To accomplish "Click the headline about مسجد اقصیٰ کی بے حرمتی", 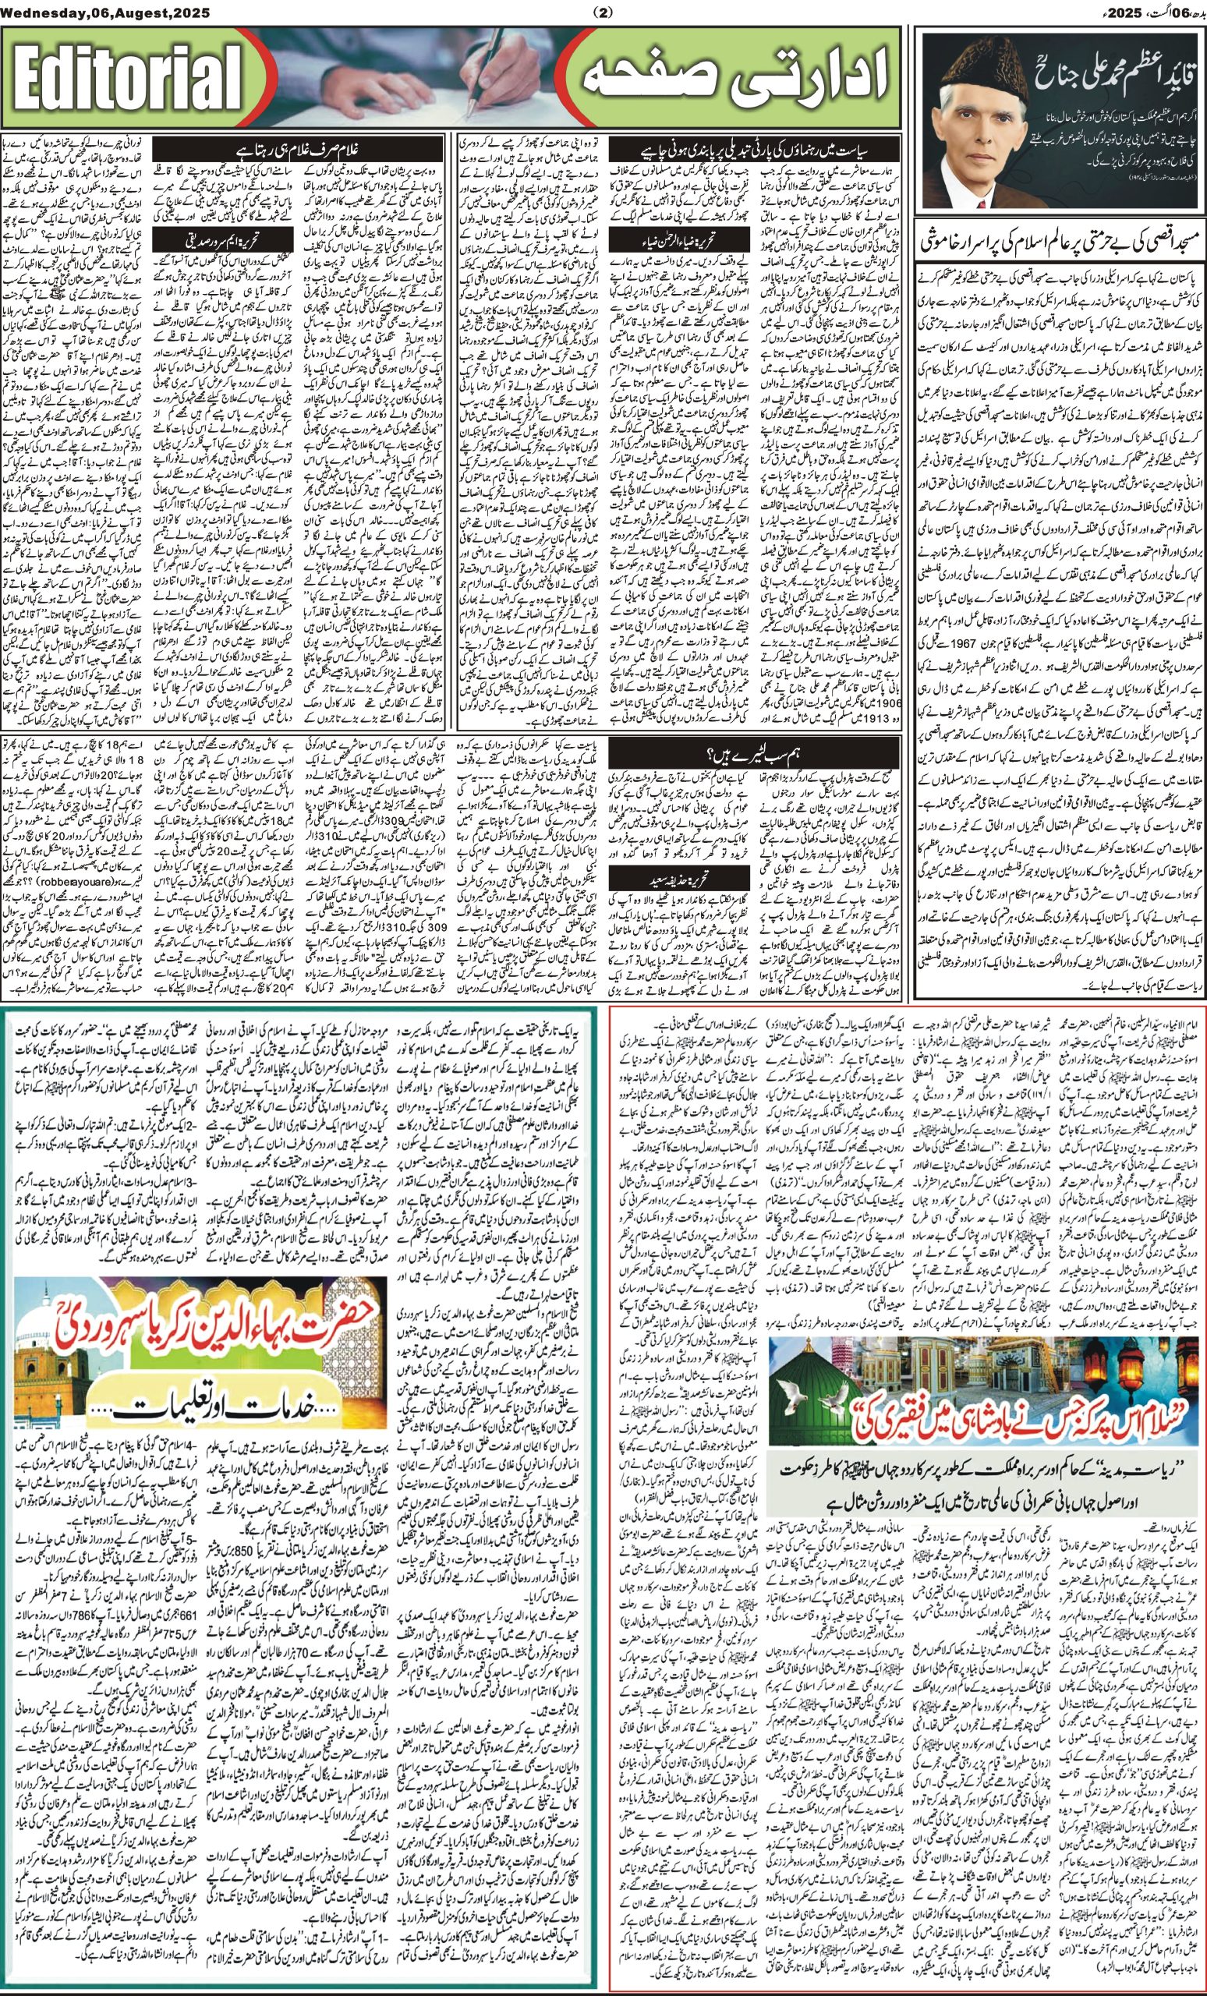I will click(x=1060, y=241).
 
